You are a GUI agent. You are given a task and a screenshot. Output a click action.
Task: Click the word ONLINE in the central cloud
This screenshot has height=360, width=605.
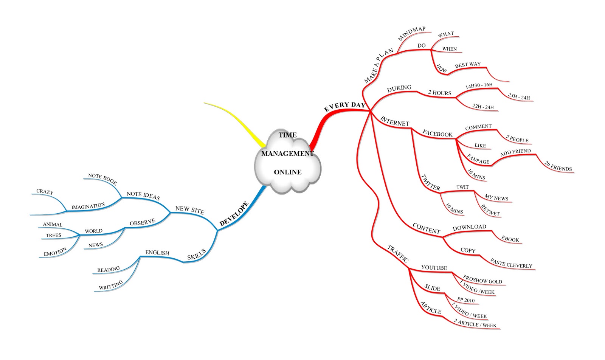click(287, 172)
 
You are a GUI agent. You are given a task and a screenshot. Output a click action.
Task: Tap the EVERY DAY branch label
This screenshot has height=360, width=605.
click(344, 107)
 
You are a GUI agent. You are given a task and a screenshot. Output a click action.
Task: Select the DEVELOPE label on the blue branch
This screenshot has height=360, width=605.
click(234, 214)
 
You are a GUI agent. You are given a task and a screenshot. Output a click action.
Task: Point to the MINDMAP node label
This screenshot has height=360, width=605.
click(412, 34)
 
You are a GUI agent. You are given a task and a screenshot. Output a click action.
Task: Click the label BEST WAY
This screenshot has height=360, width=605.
click(468, 65)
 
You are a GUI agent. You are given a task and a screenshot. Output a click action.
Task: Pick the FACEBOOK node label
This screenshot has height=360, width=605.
click(437, 133)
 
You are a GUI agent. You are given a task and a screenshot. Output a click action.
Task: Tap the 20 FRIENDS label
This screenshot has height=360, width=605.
click(558, 166)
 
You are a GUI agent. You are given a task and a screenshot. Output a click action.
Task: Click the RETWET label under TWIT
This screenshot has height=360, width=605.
click(490, 210)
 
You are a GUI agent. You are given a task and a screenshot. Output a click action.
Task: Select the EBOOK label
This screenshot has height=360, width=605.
click(510, 239)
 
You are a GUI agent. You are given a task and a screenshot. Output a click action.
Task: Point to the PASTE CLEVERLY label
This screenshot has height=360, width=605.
click(511, 263)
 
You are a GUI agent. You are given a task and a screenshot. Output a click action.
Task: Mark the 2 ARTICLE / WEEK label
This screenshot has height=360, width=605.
click(475, 323)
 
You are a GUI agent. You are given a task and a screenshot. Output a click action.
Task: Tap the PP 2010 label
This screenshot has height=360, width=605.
click(465, 300)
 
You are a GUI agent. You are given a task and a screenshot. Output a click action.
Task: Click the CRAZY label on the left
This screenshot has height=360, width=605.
click(45, 192)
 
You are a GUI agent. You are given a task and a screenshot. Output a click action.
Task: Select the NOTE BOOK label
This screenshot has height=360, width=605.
click(102, 179)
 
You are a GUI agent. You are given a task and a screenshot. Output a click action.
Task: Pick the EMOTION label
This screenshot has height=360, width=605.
click(55, 251)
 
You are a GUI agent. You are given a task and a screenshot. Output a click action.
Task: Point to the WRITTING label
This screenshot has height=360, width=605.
click(111, 285)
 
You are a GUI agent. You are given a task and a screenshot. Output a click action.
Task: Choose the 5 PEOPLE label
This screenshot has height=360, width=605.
click(517, 139)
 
